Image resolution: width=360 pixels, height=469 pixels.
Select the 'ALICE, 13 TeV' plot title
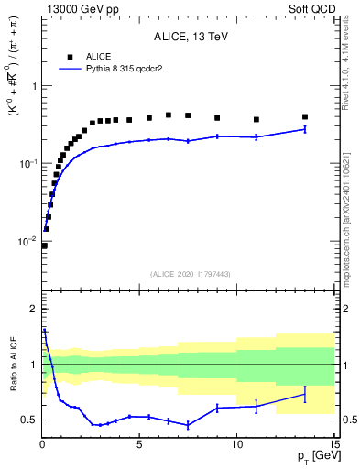(188, 37)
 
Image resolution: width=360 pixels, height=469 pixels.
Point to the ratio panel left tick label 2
(32, 309)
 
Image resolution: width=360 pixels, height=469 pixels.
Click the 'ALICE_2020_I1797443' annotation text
(188, 274)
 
